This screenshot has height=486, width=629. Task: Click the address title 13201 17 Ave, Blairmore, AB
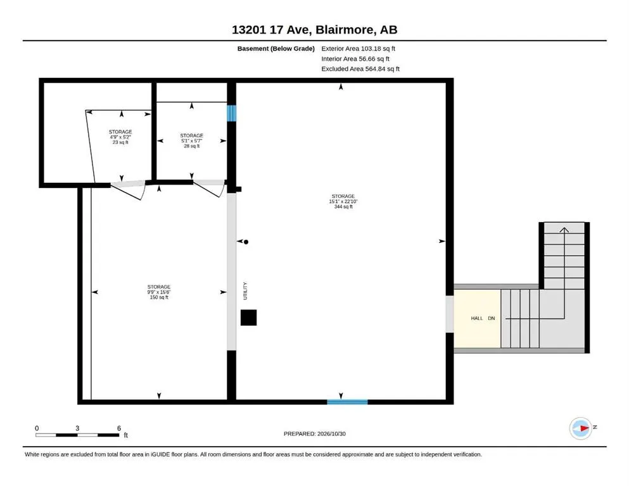(314, 30)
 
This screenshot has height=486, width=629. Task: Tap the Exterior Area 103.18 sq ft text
(359, 49)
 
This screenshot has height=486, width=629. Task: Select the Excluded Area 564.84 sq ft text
(360, 69)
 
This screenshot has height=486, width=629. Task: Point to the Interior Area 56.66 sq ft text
(355, 59)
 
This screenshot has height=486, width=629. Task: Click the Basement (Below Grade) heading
(276, 49)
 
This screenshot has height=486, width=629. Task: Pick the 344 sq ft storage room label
(343, 201)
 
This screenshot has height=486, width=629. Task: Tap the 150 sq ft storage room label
(159, 292)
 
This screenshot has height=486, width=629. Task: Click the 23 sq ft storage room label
(120, 137)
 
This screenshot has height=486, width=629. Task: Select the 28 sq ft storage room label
(192, 140)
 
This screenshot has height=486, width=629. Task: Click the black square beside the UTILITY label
(249, 317)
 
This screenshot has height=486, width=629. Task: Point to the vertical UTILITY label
(245, 291)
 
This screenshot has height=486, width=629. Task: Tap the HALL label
(477, 318)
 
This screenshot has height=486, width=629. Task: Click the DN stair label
(492, 318)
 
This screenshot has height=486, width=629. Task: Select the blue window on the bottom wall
(347, 402)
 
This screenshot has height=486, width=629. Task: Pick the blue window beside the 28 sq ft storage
(232, 113)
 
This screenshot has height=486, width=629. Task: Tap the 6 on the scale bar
(119, 428)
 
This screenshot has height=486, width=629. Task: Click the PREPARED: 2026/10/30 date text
(314, 433)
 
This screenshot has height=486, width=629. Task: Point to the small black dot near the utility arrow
(246, 242)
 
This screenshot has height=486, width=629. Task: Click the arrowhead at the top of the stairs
(564, 230)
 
